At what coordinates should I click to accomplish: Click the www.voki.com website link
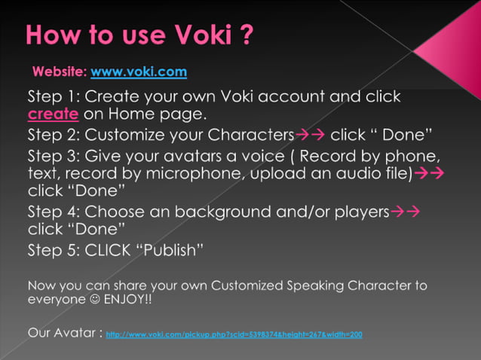139,72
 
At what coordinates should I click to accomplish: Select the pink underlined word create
53,115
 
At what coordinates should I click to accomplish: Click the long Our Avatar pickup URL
234,334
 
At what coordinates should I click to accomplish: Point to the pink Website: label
60,72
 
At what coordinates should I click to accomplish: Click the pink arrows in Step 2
309,136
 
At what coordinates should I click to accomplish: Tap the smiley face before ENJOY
92,299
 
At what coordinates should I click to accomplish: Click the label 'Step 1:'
54,97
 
